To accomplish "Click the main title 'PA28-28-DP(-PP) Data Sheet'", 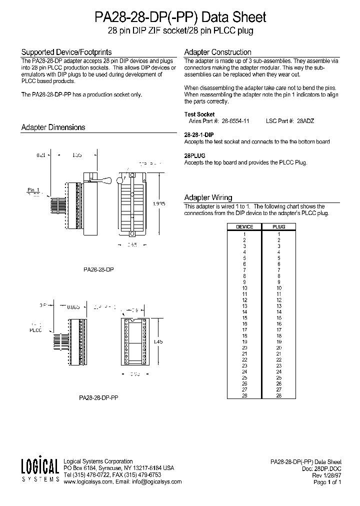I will coord(180,17).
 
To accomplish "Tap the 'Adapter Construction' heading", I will coord(217,52).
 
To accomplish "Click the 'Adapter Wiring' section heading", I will coord(208,197).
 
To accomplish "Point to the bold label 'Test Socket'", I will coord(199,114).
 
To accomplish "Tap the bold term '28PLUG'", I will coord(195,155).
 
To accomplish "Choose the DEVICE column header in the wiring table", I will coord(244,226).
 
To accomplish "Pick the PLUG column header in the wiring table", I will coord(278,226).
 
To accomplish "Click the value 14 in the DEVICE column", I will coord(244,312).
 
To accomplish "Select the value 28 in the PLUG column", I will coord(278,395).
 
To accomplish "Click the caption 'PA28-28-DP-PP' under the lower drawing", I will coord(98,398).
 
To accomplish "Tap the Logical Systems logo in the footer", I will coord(40,470).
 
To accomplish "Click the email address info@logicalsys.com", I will coord(159,482).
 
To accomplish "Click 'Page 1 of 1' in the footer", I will coord(327,482).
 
